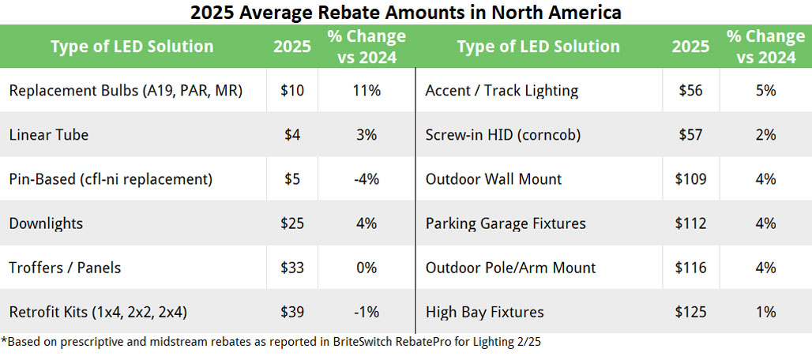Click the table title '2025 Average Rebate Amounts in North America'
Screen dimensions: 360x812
pyautogui.click(x=406, y=13)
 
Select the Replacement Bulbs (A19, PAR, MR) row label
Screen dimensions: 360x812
pyautogui.click(x=126, y=91)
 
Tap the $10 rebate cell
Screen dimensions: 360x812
pyautogui.click(x=292, y=91)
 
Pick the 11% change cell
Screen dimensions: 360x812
pyautogui.click(x=367, y=91)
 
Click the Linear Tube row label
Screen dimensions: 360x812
pyautogui.click(x=49, y=135)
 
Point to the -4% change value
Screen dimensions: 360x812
pyautogui.click(x=367, y=179)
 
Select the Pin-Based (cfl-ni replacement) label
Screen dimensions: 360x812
pyautogui.click(x=111, y=179)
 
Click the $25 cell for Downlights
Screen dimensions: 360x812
pyautogui.click(x=292, y=223)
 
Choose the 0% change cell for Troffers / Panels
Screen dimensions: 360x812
pyautogui.click(x=367, y=268)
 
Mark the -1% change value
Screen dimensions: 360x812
pyautogui.click(x=367, y=312)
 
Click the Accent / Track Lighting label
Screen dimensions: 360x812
pyautogui.click(x=502, y=91)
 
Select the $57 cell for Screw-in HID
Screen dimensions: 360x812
pyautogui.click(x=690, y=135)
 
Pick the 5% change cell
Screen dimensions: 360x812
pyautogui.click(x=765, y=91)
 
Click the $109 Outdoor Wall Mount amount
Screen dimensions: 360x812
pyautogui.click(x=690, y=179)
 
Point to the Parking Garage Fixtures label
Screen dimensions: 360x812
pyautogui.click(x=506, y=223)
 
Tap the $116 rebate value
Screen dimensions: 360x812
pyautogui.click(x=690, y=268)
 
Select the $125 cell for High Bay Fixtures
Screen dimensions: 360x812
pyautogui.click(x=690, y=312)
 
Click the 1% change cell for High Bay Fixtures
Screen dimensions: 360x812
pyautogui.click(x=765, y=312)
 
